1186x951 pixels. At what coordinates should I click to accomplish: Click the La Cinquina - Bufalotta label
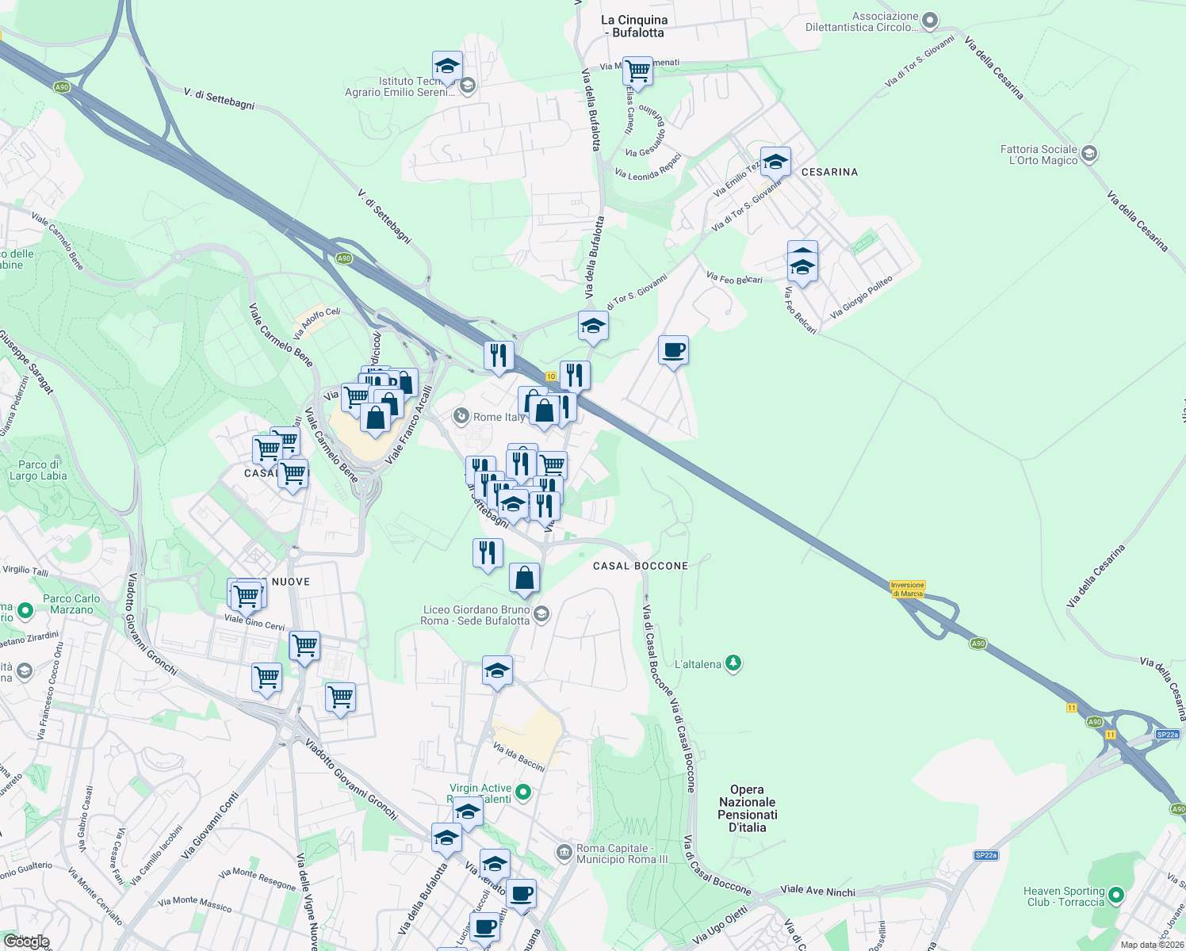point(634,26)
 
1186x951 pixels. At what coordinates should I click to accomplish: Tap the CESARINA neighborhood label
point(829,172)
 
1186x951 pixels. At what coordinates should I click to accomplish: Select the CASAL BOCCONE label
point(641,566)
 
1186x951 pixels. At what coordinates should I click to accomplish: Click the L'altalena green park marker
point(733,663)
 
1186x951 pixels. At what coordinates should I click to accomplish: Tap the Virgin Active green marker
point(523,791)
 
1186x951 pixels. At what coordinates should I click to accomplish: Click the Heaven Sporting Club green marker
point(1116,896)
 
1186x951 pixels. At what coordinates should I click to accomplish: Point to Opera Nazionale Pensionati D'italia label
point(747,808)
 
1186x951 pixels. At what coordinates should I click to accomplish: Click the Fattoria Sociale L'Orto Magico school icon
point(1089,154)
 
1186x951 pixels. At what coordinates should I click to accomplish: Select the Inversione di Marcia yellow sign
point(907,589)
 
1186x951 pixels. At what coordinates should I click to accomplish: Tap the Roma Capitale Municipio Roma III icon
point(564,853)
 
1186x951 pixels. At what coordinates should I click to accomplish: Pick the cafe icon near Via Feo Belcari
point(673,350)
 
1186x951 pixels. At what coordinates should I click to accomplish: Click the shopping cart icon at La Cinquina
point(637,71)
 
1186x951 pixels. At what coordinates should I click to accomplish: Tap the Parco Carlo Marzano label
point(71,604)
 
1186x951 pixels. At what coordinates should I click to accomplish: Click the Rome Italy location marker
point(461,416)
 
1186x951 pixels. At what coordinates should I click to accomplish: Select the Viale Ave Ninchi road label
point(818,891)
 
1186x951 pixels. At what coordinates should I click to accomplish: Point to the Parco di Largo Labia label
point(38,470)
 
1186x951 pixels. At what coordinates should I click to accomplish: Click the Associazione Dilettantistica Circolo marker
point(931,21)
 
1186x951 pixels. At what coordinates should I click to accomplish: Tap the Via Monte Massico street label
point(194,903)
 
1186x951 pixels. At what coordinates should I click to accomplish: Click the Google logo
point(26,941)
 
